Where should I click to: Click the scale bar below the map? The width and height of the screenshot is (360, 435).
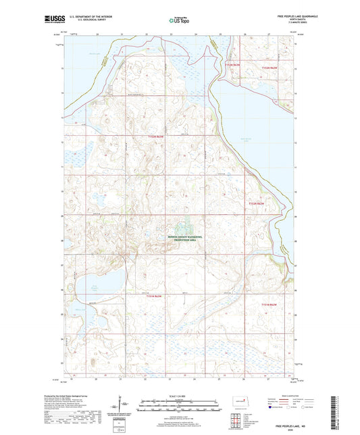pyautogui.click(x=180, y=408)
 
